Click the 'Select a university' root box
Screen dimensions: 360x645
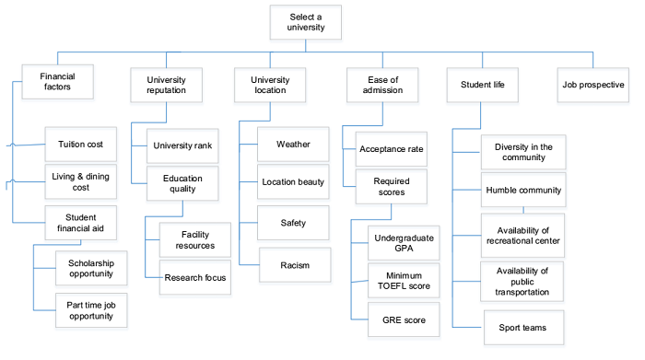pos(307,22)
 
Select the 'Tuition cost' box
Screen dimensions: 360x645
pos(80,144)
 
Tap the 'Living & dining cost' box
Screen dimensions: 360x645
pos(80,181)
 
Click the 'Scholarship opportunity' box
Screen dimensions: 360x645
pos(90,267)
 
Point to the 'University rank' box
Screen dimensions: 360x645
pos(183,144)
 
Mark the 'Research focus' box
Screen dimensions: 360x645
pos(196,276)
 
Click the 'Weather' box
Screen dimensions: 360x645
pos(292,144)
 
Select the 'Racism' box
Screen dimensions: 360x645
pos(292,265)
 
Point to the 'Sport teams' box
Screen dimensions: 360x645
pos(522,326)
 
